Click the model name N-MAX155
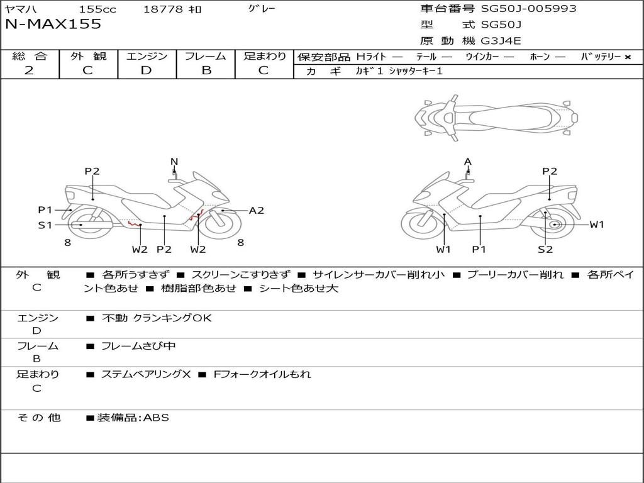[53, 25]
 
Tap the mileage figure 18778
[163, 9]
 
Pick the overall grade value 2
[29, 70]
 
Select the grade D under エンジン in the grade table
[147, 70]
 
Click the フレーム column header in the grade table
[206, 57]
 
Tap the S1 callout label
[45, 225]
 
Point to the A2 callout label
[257, 211]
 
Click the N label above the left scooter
[174, 162]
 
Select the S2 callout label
[545, 249]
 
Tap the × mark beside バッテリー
[628, 57]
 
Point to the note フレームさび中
[139, 346]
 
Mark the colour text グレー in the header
[262, 9]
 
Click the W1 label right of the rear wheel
[596, 225]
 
